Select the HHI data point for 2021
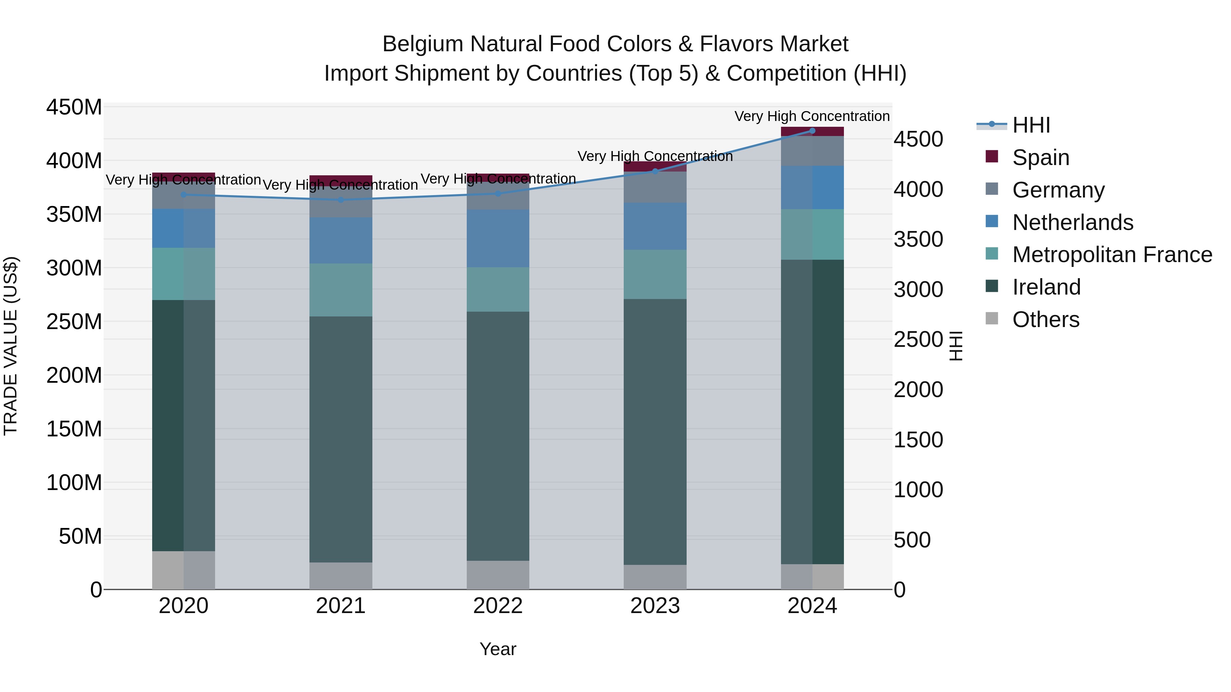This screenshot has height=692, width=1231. point(341,200)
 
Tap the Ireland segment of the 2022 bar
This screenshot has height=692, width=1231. point(498,436)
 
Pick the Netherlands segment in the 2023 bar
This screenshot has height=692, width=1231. point(655,226)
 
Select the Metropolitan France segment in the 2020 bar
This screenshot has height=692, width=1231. point(184,274)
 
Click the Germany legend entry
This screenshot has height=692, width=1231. point(1058,190)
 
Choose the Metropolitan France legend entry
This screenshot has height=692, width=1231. point(1112,255)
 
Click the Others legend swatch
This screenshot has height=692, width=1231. point(992,318)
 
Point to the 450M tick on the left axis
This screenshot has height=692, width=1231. point(74,107)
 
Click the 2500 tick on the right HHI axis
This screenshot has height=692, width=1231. point(918,340)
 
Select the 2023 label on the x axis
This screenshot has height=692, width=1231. point(655,606)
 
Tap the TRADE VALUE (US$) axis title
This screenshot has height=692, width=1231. point(11,346)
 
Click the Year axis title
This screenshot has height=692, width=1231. point(498,649)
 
